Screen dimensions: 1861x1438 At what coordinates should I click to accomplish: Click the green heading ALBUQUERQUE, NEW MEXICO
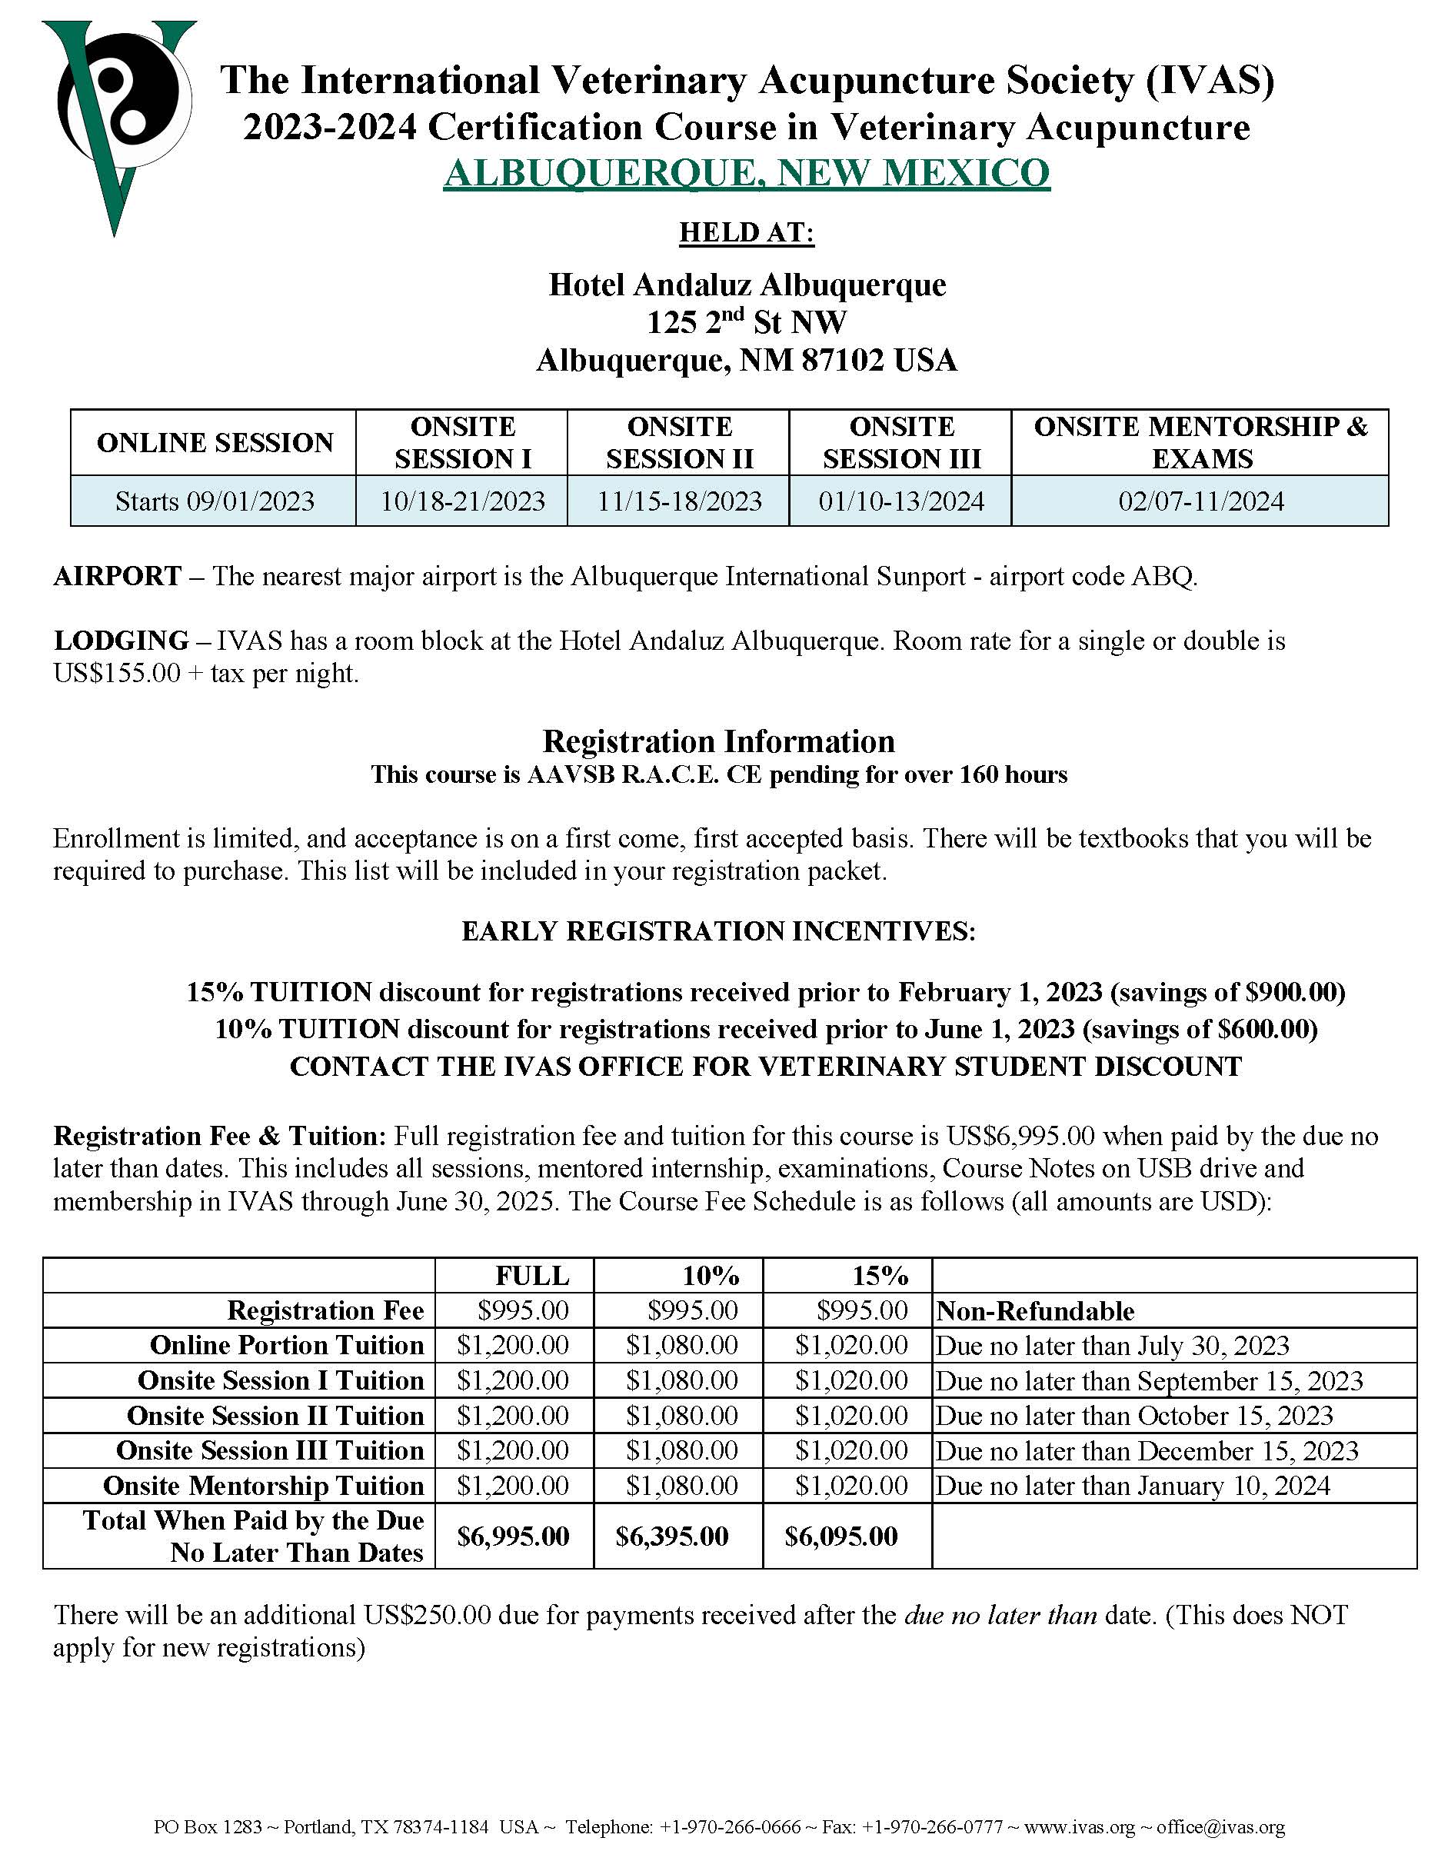(x=746, y=173)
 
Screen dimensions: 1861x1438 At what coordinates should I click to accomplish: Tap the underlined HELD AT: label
(x=746, y=231)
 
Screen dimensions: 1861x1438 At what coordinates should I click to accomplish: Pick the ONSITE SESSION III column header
(x=901, y=442)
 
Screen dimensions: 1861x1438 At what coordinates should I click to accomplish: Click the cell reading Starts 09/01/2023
(x=215, y=501)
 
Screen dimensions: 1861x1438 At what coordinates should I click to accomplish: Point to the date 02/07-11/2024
(x=1200, y=501)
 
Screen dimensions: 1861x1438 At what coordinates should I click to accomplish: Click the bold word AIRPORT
(x=118, y=577)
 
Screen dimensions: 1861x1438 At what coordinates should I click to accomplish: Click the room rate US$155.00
(x=117, y=673)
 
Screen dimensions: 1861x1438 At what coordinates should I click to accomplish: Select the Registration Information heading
(x=718, y=741)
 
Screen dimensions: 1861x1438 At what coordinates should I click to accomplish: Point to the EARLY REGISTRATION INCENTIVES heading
(x=718, y=931)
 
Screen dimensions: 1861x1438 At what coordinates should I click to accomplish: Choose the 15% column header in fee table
(x=880, y=1276)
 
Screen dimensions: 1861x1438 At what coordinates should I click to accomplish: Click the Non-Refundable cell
(x=1035, y=1310)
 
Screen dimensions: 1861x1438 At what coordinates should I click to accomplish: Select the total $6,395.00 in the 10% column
(x=672, y=1536)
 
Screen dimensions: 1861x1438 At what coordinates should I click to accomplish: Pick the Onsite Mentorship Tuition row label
(x=263, y=1485)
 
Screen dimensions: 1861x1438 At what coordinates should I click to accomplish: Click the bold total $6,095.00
(x=840, y=1536)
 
